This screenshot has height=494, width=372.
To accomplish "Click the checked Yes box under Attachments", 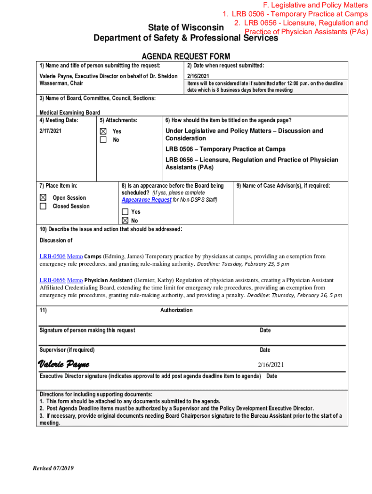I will coord(103,131).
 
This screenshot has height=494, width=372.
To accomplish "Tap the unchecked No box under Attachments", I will coord(103,140).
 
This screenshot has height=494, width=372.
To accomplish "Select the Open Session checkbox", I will coord(43,197).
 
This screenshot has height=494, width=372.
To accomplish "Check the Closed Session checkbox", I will coord(43,206).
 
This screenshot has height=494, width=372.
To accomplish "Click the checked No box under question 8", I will coord(125,220).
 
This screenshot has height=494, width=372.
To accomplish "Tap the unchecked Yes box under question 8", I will coord(125,212).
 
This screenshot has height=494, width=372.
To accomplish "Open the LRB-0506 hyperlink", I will coord(52,256).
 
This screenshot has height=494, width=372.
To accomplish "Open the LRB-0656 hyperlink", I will coord(52,280).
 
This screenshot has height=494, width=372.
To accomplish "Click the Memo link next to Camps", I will coord(74,256).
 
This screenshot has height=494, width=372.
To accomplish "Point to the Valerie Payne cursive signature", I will coord(63,364).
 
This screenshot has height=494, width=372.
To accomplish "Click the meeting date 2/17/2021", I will coord(50,131).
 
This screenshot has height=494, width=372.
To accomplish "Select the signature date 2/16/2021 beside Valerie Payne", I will coord(271,365).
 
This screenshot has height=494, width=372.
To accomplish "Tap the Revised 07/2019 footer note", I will coord(53,468).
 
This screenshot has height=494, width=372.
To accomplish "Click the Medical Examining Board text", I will coord(70,112).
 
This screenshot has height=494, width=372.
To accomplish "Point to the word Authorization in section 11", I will coord(176,310).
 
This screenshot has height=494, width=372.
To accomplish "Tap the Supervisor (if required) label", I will coord(67,350).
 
